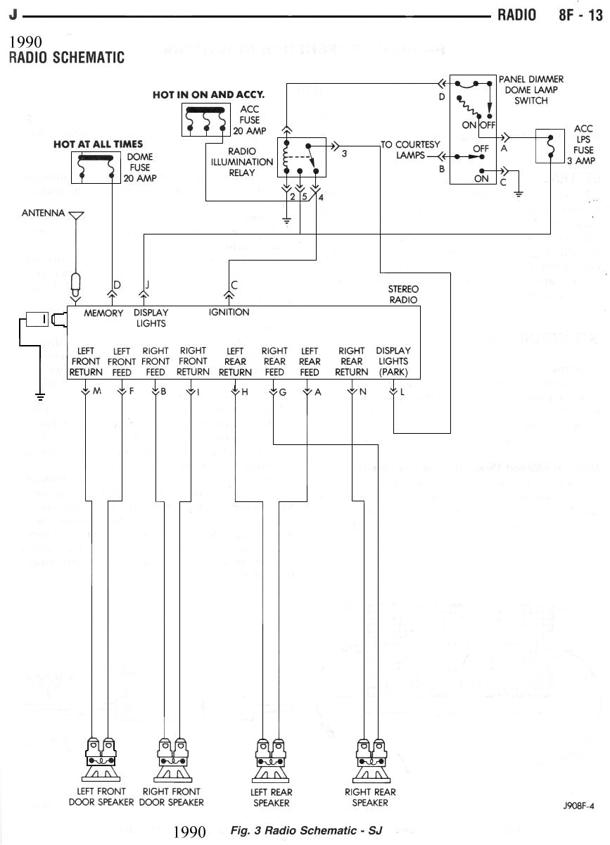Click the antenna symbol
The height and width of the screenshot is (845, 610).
pyautogui.click(x=77, y=214)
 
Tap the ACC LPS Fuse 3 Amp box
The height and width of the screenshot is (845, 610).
pyautogui.click(x=549, y=146)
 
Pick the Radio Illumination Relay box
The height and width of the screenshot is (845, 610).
pyautogui.click(x=302, y=161)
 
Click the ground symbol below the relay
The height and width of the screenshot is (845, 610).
pyautogui.click(x=287, y=221)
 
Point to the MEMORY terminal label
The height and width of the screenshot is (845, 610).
pyautogui.click(x=103, y=313)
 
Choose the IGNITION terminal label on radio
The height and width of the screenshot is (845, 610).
pyautogui.click(x=229, y=312)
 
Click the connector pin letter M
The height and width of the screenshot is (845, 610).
pyautogui.click(x=97, y=392)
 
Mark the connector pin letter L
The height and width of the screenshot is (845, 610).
pyautogui.click(x=402, y=392)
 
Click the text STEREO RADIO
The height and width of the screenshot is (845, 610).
pyautogui.click(x=403, y=294)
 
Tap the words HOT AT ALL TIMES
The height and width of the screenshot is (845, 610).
pyautogui.click(x=98, y=144)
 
